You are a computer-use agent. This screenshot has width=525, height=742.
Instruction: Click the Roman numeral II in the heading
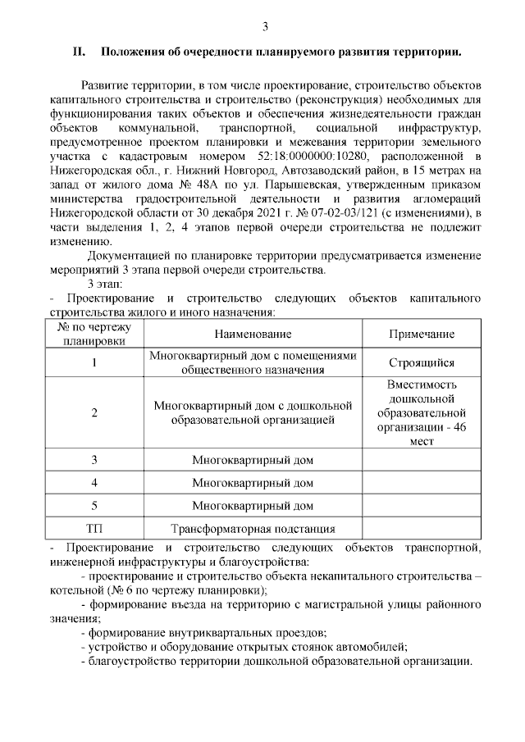click(x=80, y=53)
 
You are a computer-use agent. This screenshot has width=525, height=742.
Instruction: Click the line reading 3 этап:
click(x=106, y=284)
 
